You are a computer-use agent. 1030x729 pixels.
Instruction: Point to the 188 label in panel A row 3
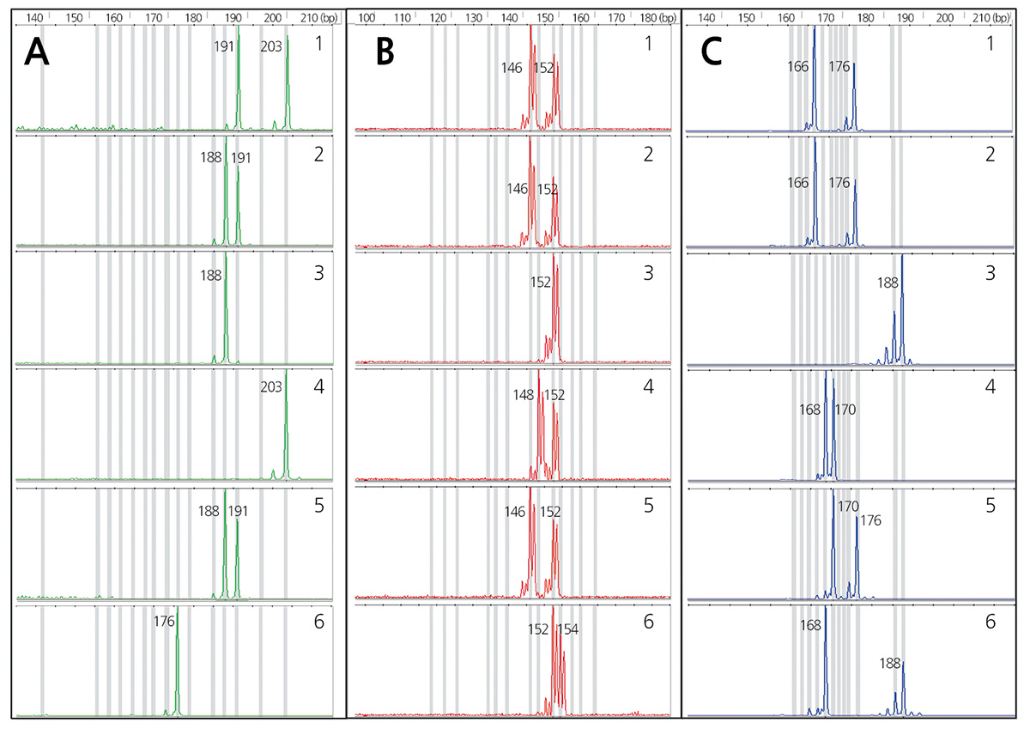pyautogui.click(x=210, y=276)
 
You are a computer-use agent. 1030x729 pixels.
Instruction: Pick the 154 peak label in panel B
pyautogui.click(x=569, y=629)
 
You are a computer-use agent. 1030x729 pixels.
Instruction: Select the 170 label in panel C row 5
pyautogui.click(x=847, y=507)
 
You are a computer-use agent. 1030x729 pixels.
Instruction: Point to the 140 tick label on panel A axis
pyautogui.click(x=34, y=16)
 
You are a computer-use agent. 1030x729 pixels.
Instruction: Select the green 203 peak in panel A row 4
pyautogui.click(x=286, y=429)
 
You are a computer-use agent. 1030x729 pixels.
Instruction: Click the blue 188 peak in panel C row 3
pyautogui.click(x=902, y=309)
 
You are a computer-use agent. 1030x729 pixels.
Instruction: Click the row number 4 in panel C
pyautogui.click(x=990, y=388)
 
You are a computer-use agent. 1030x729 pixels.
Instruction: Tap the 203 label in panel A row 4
pyautogui.click(x=271, y=388)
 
